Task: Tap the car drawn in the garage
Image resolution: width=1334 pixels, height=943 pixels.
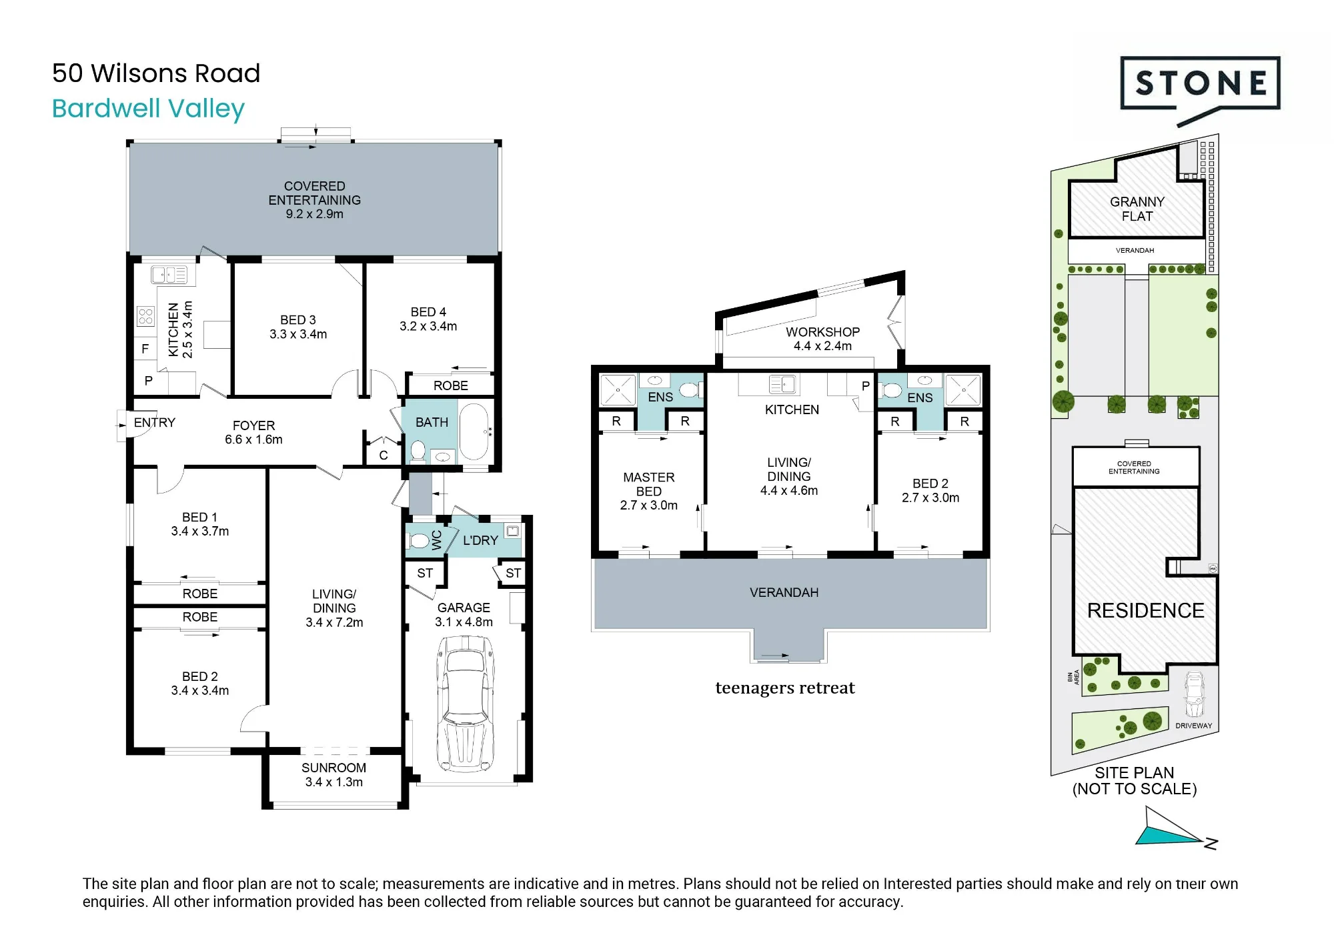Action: tap(466, 704)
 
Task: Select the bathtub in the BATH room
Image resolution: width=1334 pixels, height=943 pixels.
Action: tap(474, 431)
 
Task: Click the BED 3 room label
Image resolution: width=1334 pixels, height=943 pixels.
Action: tap(298, 327)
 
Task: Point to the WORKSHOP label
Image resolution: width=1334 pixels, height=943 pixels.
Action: tap(822, 339)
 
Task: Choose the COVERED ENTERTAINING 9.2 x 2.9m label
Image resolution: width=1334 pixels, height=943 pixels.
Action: tap(315, 200)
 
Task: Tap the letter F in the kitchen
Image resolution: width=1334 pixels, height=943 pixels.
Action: tap(145, 349)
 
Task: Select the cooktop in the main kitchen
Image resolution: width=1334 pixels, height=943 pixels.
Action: tap(145, 316)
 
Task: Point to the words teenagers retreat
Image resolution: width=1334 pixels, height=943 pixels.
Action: tap(785, 688)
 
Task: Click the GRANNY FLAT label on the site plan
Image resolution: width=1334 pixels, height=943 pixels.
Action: tap(1137, 209)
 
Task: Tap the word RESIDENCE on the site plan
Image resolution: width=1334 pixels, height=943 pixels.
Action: tap(1145, 610)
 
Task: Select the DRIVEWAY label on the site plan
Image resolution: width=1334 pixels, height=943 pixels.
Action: tap(1193, 726)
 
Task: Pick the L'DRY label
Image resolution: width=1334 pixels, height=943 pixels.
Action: tap(480, 540)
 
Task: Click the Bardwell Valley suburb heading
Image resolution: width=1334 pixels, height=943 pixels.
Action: tap(149, 109)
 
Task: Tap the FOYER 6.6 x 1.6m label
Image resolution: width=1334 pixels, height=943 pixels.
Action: tap(253, 432)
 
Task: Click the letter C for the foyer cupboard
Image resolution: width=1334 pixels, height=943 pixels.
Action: tap(384, 455)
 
